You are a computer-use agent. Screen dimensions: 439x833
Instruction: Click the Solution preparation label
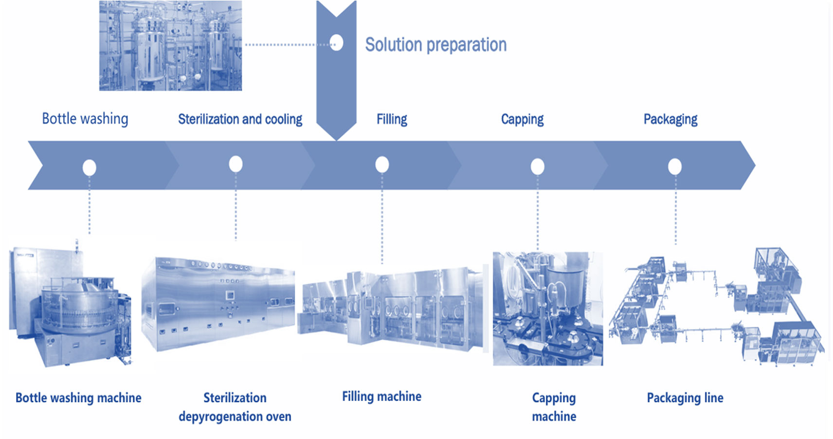435,45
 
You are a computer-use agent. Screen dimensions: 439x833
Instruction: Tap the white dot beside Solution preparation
336,43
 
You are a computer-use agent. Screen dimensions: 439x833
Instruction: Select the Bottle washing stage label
85,119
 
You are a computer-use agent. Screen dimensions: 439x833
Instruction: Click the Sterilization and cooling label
240,119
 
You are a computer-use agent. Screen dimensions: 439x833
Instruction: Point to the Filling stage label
392,119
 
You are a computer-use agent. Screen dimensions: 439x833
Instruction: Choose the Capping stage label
522,119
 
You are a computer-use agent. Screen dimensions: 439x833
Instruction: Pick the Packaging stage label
670,119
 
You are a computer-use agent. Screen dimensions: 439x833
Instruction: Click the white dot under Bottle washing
90,167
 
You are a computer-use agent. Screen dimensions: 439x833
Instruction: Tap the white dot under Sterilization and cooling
236,164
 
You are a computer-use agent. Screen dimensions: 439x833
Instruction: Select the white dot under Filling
382,165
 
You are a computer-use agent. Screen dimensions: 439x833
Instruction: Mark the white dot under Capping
537,166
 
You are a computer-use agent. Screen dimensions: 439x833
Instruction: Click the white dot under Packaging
675,167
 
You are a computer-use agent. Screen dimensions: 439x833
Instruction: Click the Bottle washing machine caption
78,398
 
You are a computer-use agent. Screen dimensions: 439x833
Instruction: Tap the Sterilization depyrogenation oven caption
235,407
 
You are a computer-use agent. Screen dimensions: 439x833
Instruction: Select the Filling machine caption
381,396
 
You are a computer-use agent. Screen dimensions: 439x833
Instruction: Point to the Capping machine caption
554,407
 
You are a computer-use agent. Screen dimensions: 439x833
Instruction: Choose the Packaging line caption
685,398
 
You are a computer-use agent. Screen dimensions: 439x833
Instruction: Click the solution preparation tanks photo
170,45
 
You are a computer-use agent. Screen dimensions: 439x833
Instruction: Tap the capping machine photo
547,309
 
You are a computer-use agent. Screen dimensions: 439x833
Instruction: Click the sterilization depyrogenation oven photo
218,304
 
